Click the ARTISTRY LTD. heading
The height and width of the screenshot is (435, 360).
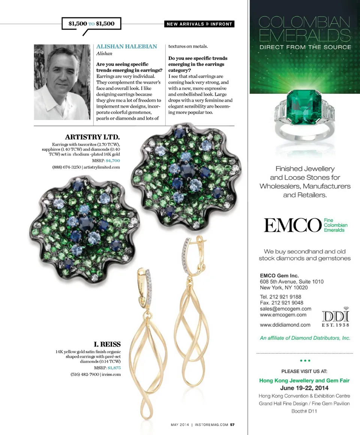point(92,136)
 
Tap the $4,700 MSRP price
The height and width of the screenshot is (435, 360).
point(113,160)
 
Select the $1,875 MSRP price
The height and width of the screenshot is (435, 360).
point(114,368)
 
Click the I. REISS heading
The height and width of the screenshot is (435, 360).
point(107,344)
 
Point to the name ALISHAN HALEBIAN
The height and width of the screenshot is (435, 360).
point(127,46)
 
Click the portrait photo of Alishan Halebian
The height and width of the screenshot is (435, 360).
point(62,82)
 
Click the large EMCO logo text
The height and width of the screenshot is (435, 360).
point(292,225)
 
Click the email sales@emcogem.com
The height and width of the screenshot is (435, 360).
point(285,309)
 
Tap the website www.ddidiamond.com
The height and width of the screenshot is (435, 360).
point(285,324)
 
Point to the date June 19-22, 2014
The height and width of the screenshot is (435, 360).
point(304,388)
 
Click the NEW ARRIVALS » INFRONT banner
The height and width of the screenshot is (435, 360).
point(199,24)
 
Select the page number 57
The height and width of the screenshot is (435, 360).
point(232,425)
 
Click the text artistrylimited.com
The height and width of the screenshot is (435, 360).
point(102,167)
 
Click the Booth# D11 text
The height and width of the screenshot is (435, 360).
point(304,411)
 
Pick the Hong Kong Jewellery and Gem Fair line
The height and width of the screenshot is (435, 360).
point(304,380)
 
